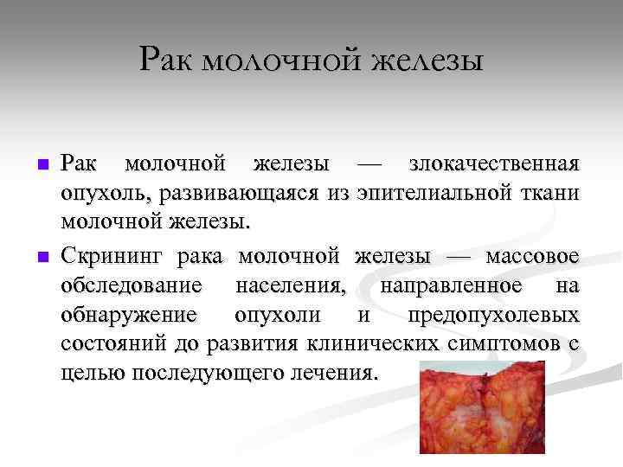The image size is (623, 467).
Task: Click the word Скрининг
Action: point(112,256)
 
